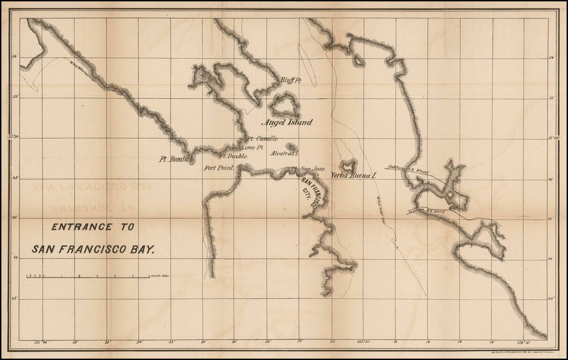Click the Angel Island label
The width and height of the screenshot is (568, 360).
coord(286,123)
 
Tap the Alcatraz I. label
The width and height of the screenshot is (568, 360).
coord(285,153)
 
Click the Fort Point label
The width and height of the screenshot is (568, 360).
coord(218,168)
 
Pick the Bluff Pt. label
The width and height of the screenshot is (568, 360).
coord(291,81)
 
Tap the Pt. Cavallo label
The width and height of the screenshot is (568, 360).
coord(263,139)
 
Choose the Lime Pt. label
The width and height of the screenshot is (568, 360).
coord(253,147)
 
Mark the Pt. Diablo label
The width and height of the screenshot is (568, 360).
coord(234,156)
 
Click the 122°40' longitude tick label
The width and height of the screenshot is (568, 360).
coord(42,343)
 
